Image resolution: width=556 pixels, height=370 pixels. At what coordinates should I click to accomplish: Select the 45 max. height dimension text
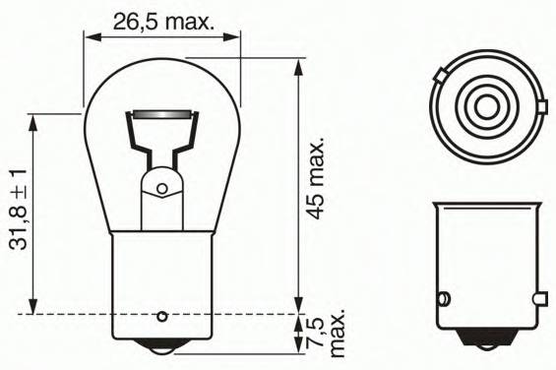coord(315,178)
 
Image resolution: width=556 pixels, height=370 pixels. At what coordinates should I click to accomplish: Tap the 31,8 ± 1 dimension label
coord(19,210)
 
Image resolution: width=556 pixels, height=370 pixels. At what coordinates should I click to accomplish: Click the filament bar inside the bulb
coord(162,115)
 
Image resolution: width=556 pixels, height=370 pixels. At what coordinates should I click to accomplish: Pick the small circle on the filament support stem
coord(162,189)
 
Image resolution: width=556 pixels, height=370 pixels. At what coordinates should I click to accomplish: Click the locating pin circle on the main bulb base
coord(162,316)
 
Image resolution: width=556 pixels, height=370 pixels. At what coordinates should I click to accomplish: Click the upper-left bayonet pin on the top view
coord(440,75)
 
